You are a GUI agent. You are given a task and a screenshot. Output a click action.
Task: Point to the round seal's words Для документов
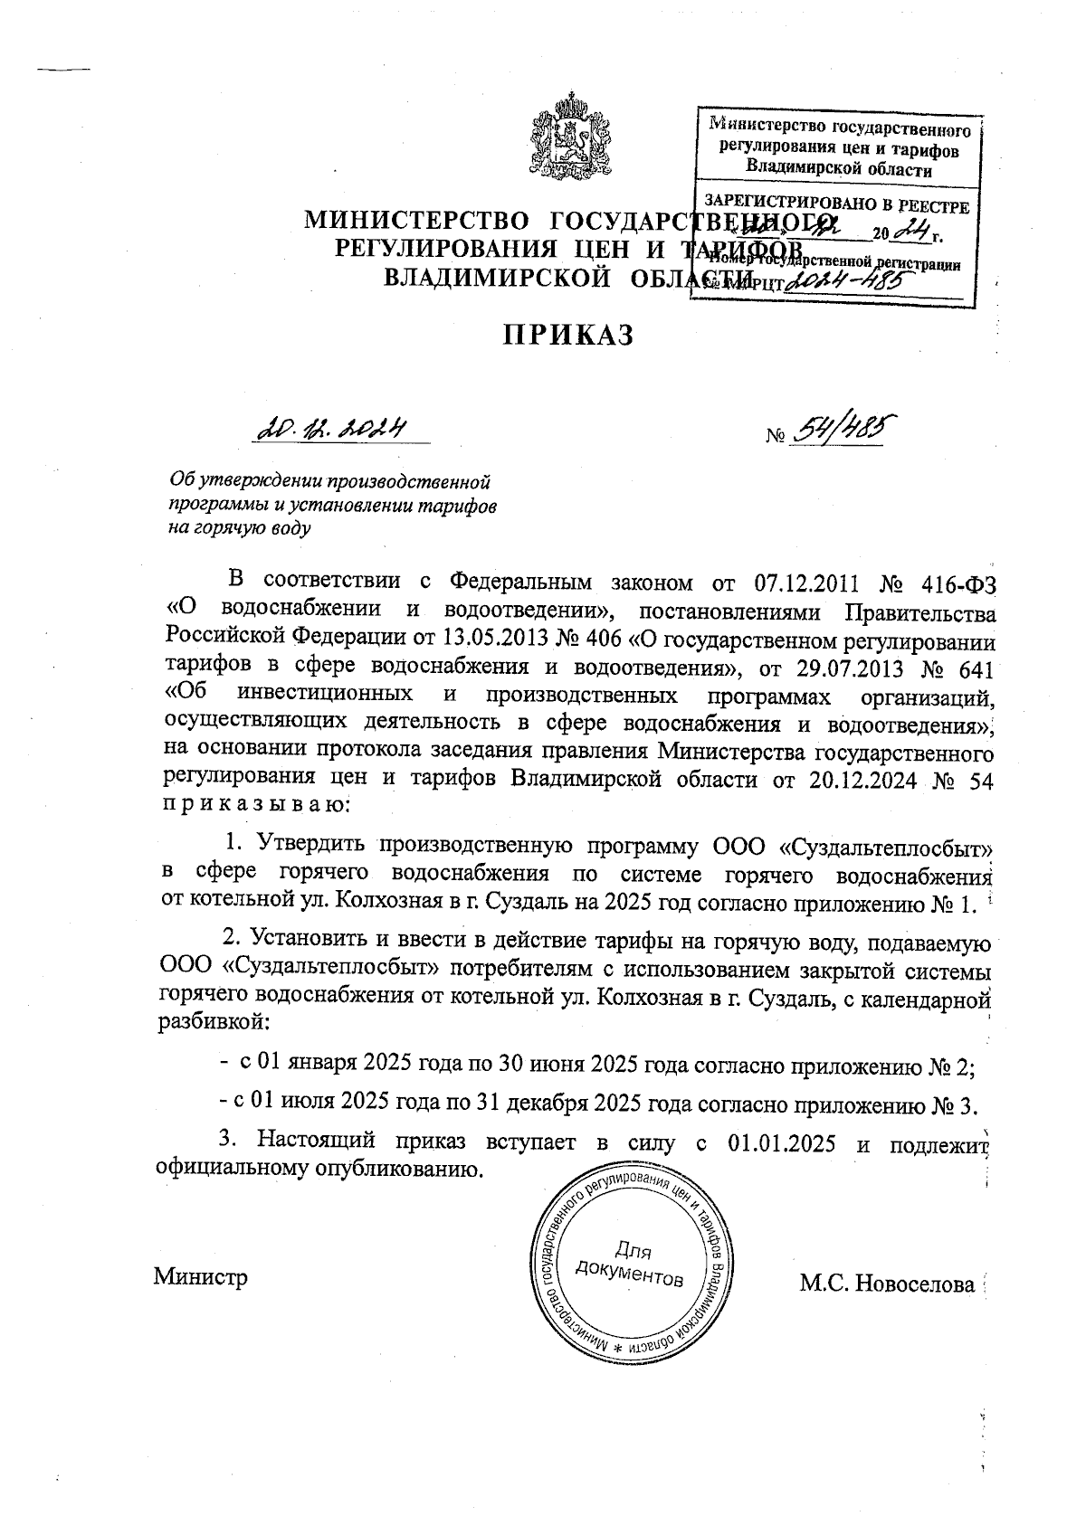pos(629,1265)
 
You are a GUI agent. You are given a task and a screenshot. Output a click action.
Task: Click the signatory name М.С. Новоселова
pos(887,1283)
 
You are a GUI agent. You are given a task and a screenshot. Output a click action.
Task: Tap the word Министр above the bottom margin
pos(200,1277)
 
